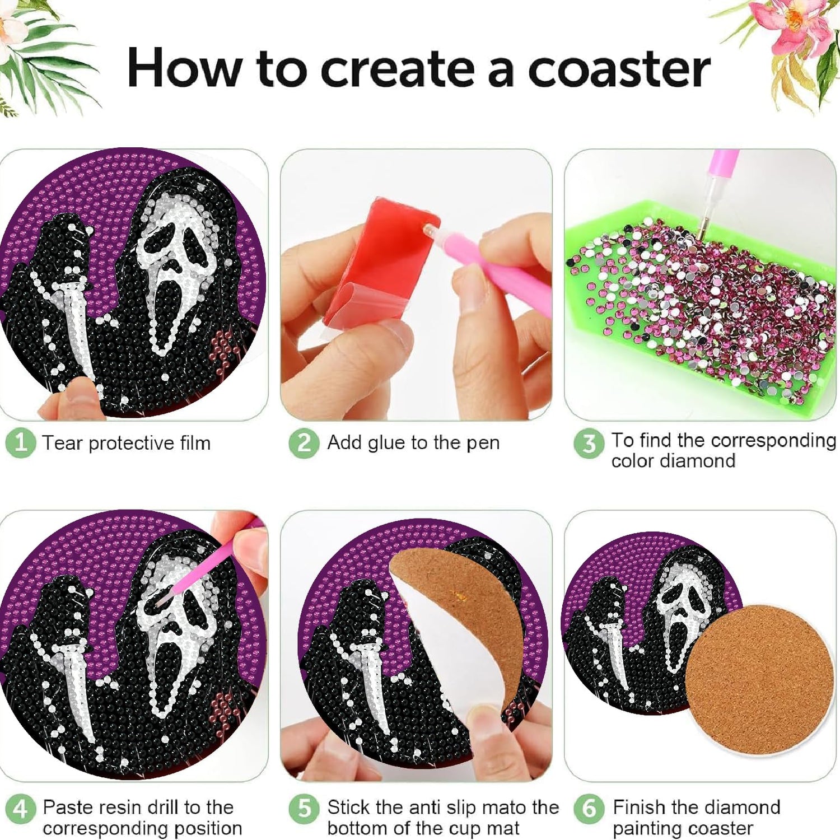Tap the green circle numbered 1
pos(21,443)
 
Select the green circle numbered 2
pos(304,443)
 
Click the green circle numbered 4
pos(21,809)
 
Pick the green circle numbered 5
pos(304,809)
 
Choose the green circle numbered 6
pos(589,809)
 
